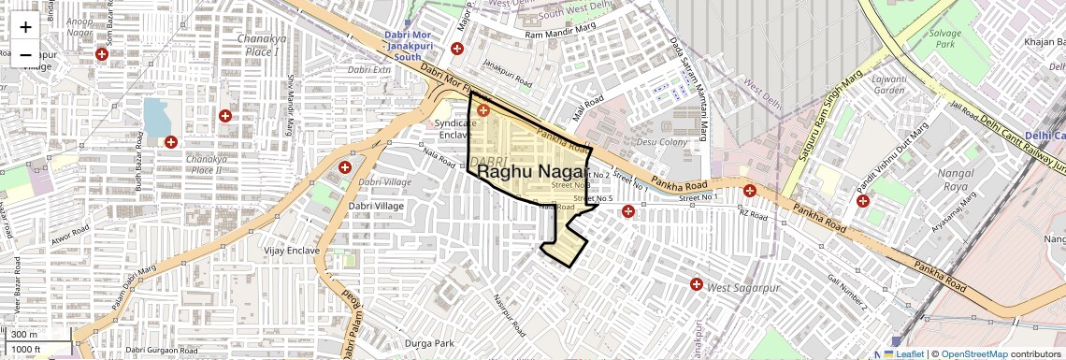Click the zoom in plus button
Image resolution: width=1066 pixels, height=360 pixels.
point(25,26)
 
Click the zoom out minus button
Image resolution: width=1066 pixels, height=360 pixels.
point(25,54)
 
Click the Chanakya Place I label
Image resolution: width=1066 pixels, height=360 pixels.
point(259,45)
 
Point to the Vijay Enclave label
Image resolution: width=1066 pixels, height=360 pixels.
point(292,251)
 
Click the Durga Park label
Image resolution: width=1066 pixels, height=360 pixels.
point(429,343)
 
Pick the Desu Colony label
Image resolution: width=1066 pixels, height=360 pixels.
point(662,141)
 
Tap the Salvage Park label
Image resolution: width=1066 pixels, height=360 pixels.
point(945,38)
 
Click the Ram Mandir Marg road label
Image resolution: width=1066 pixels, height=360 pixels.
point(560,35)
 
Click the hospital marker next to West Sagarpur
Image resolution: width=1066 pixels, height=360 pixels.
point(697,284)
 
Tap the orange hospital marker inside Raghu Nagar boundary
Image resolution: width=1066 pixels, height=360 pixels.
point(483,110)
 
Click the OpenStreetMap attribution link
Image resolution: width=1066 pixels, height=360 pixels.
point(973,353)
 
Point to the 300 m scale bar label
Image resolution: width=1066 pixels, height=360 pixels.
point(24,334)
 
